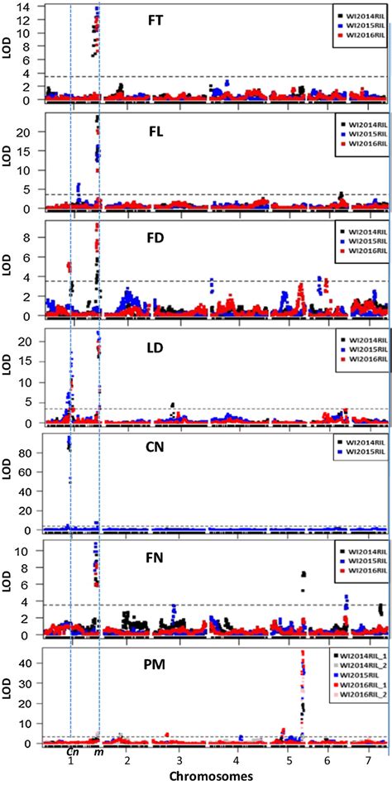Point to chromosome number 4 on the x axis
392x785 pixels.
[236, 759]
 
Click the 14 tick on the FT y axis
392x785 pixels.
[26, 7]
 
